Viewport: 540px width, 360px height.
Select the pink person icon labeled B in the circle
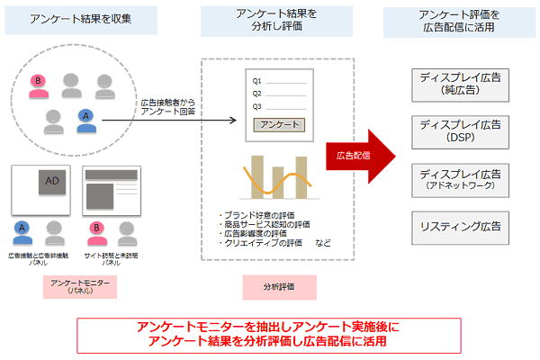tap(39, 83)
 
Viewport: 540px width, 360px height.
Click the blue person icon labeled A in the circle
tap(85, 118)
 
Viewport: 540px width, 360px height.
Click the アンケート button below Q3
tap(280, 125)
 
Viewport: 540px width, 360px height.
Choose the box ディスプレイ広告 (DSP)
tap(459, 130)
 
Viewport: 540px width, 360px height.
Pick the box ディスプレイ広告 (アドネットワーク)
tap(459, 178)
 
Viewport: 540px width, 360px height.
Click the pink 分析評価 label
tap(279, 287)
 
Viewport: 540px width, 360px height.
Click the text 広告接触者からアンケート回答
tap(167, 109)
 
